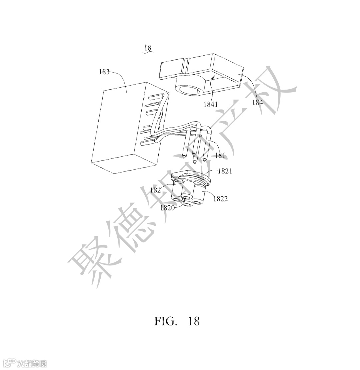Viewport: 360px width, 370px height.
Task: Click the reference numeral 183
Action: point(104,72)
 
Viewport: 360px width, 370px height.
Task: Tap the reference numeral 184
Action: point(257,102)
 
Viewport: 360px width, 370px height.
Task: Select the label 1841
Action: point(211,104)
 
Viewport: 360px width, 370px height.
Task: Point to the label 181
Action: point(220,155)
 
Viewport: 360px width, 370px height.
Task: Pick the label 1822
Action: point(221,199)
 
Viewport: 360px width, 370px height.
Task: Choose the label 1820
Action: point(167,208)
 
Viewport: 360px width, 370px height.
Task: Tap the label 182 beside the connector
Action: point(155,190)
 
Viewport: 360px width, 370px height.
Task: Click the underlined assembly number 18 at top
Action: point(148,48)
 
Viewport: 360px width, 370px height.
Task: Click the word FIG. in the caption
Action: point(165,321)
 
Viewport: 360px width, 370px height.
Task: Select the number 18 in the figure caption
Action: point(194,321)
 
